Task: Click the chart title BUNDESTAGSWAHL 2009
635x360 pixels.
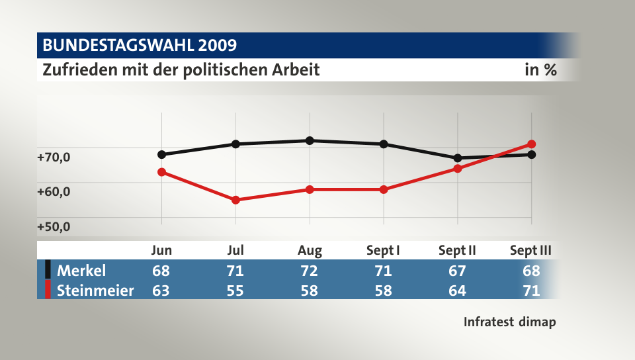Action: tap(140, 46)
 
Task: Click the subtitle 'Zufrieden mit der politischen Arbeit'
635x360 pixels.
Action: tap(181, 69)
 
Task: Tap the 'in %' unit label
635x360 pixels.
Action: tap(540, 69)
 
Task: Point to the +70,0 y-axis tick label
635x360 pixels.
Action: tap(54, 157)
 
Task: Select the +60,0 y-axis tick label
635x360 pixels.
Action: tap(54, 192)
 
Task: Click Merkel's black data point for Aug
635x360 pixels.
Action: tap(310, 140)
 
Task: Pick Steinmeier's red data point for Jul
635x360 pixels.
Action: tap(235, 200)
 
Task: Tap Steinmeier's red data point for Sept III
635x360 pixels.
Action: tap(532, 144)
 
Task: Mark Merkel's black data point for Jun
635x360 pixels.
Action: tap(161, 155)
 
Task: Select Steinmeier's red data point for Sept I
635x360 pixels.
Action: tap(384, 189)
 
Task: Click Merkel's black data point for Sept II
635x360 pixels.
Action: tap(458, 158)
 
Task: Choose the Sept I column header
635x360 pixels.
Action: tap(383, 251)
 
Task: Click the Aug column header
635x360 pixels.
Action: tap(310, 251)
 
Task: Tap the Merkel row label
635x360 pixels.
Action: tap(81, 271)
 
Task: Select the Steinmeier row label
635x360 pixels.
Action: tap(95, 291)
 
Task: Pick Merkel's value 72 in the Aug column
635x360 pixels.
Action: tap(310, 271)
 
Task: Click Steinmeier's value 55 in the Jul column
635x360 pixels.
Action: tap(235, 291)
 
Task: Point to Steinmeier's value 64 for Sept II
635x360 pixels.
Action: tap(458, 291)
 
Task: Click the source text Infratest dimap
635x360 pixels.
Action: tap(509, 322)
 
